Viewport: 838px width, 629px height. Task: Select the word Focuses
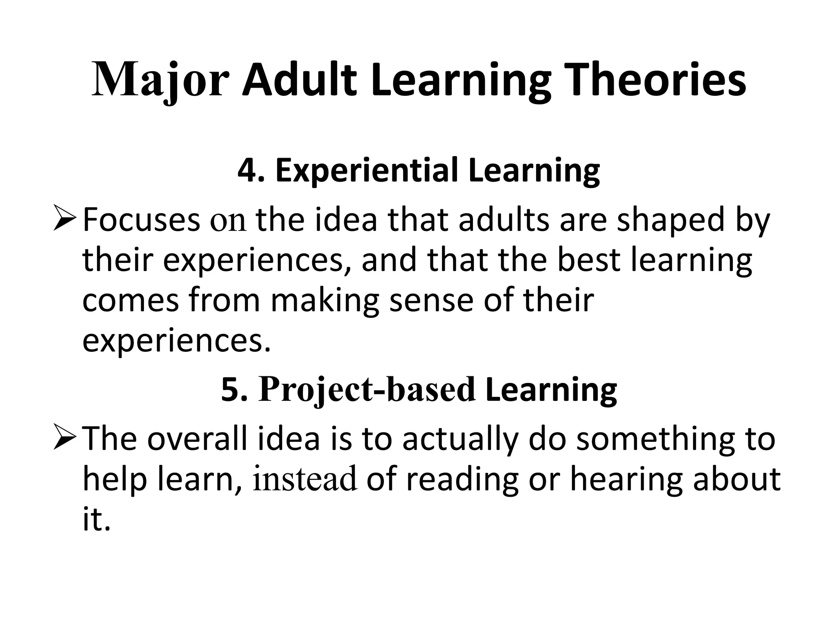tap(141, 220)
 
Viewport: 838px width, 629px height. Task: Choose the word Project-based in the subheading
tap(367, 390)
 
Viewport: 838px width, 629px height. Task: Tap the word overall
tap(197, 439)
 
